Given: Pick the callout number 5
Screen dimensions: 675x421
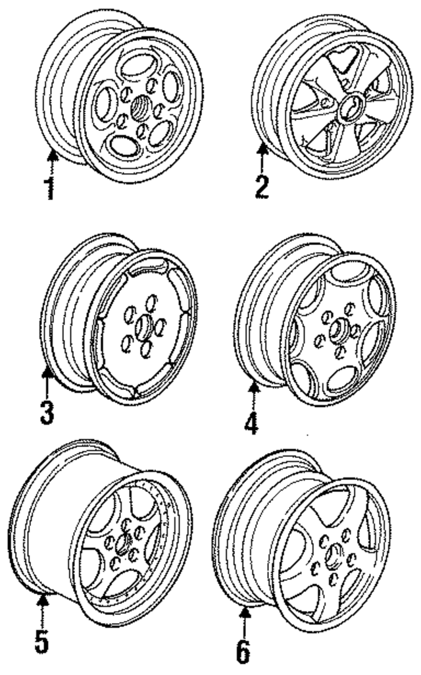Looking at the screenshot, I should pos(41,641).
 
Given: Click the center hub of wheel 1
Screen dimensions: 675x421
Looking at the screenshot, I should pos(140,107).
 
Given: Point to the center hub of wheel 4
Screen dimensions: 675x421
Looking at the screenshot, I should pos(338,329).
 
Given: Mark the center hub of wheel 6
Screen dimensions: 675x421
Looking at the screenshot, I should pos(332,554).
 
